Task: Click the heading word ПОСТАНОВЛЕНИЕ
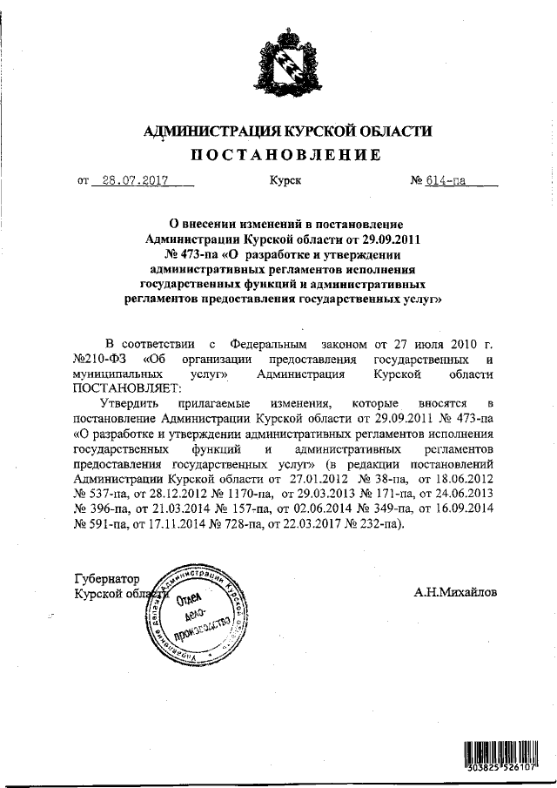(x=286, y=157)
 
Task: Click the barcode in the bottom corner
(x=500, y=751)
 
